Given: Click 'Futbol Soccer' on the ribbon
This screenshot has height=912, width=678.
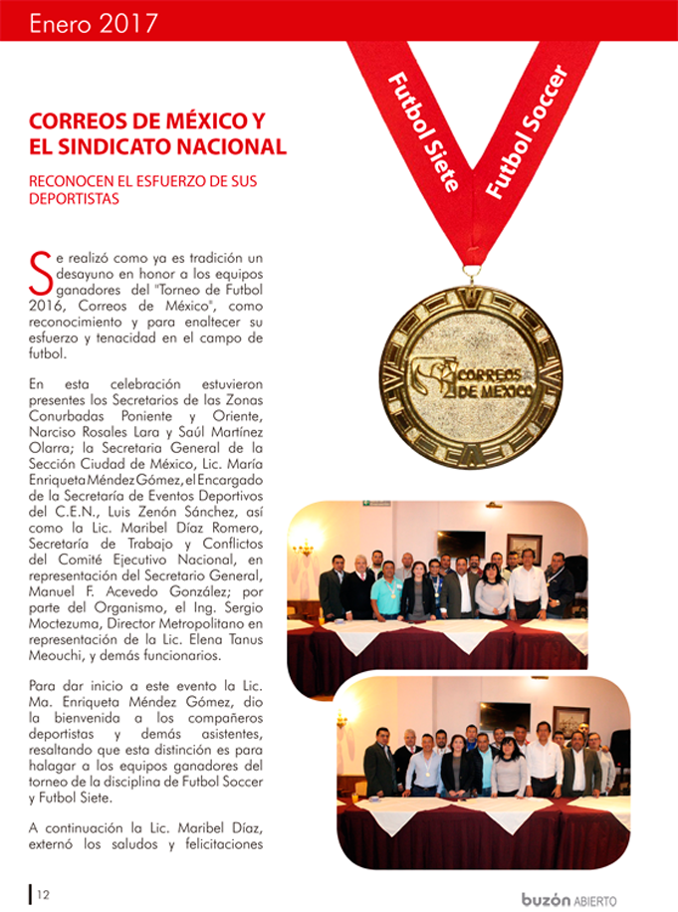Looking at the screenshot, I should coord(524,129).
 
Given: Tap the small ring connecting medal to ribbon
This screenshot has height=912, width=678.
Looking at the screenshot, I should coord(471,271).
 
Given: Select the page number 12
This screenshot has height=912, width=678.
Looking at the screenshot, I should coord(43,894).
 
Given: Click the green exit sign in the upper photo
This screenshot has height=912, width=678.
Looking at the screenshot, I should coord(375,504).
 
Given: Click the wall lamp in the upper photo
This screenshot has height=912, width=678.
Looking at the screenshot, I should coord(303,549).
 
